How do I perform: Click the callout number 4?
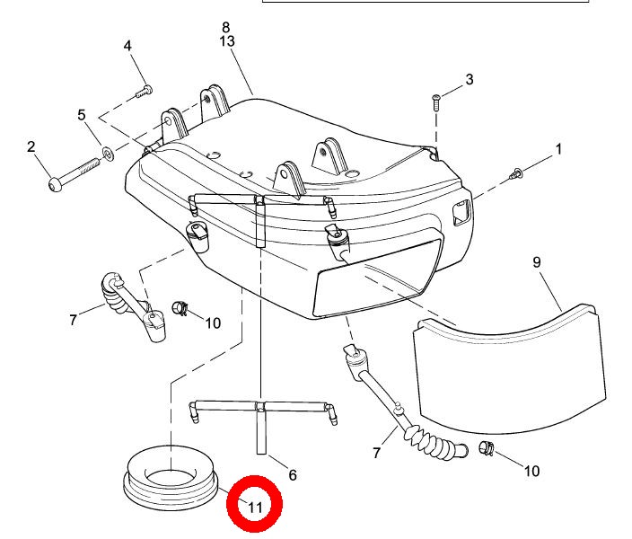pos(127,46)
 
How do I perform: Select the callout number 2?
pos(31,146)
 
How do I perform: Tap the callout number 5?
pos(82,115)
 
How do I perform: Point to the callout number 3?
pos(470,79)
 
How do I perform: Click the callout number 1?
pos(558,149)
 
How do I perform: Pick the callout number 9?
pos(537,262)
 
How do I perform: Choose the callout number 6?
pos(293,475)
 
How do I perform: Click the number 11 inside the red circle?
pos(255,508)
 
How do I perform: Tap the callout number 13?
pos(227,41)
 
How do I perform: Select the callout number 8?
pos(225,28)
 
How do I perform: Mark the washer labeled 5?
pos(108,154)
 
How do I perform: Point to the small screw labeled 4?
pos(144,91)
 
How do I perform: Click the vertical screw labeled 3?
pos(436,103)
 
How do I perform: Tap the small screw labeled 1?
pos(516,174)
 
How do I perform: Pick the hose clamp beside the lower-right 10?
pos(487,448)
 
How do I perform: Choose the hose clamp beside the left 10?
pos(180,308)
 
